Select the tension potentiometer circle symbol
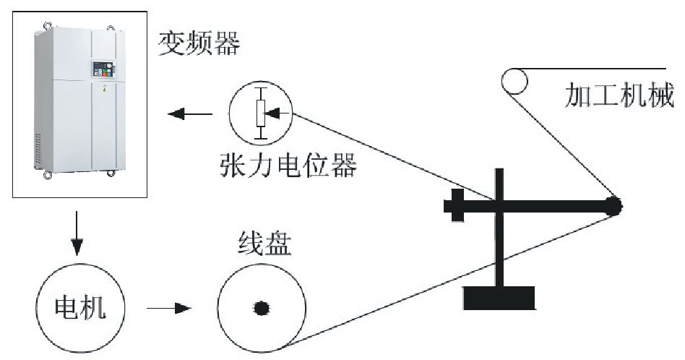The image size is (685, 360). [x=261, y=112]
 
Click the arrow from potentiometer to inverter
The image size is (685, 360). [x=189, y=113]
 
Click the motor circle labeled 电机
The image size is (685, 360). [x=79, y=309]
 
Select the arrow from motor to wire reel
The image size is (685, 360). [x=168, y=309]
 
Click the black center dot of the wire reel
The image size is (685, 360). [x=261, y=309]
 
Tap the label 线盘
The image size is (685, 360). [x=264, y=245]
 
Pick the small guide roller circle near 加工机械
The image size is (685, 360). [x=514, y=80]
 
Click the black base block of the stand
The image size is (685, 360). [x=499, y=297]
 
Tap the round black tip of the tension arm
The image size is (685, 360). [x=613, y=206]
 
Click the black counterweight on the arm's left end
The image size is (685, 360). [x=457, y=205]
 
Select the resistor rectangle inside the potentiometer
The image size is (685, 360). [x=261, y=113]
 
